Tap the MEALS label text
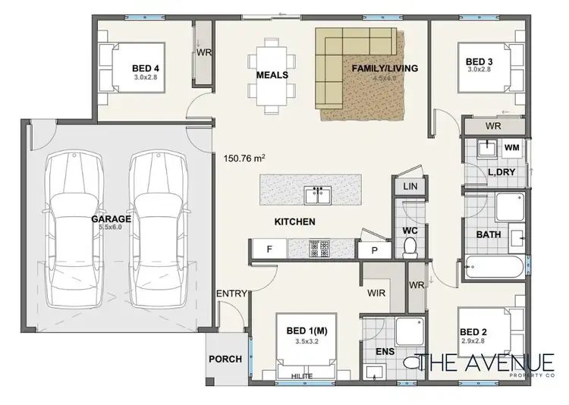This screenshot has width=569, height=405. point(271,75)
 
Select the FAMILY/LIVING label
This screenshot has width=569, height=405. point(385,69)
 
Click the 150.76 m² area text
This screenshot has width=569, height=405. point(244,159)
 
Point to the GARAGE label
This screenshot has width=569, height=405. point(112,219)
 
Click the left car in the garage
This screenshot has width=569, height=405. point(71,228)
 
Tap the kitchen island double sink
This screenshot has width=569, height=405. point(317,196)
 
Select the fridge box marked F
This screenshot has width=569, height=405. point(269,248)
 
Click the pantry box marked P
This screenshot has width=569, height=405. point(374,249)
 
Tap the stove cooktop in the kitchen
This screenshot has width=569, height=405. point(318,247)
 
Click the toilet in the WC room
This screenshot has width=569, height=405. point(410,246)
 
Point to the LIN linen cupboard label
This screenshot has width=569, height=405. point(410,186)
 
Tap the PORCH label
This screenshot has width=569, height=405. point(225,359)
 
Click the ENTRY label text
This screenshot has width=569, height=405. point(231,294)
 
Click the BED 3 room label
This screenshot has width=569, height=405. point(479,61)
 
